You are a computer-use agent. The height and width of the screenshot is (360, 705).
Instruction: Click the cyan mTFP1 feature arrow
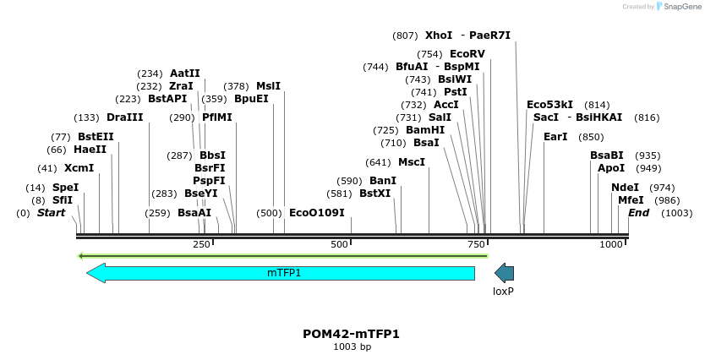click(283, 273)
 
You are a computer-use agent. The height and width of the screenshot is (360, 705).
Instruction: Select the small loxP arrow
click(504, 273)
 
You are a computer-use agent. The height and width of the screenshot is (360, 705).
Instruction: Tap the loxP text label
click(504, 291)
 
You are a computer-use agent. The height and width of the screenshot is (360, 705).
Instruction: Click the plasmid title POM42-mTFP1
click(351, 334)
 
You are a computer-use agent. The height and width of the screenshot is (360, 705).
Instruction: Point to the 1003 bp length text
click(352, 346)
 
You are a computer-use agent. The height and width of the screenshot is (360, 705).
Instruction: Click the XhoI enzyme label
click(439, 35)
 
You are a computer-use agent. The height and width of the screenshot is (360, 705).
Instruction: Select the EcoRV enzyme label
click(467, 54)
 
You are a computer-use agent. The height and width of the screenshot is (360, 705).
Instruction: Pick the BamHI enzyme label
click(425, 130)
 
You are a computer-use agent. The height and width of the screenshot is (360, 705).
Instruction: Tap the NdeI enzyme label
click(625, 188)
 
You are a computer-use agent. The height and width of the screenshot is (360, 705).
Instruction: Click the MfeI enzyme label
click(631, 200)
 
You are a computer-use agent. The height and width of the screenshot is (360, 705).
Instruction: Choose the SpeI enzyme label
click(66, 188)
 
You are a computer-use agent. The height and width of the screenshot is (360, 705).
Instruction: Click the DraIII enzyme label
click(125, 117)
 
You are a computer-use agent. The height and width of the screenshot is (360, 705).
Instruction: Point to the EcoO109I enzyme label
click(317, 213)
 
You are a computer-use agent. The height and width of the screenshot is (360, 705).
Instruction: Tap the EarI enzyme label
click(555, 137)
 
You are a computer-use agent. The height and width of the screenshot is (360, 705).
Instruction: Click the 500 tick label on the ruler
click(339, 244)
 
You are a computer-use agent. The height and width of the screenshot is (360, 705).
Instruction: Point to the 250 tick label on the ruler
click(201, 244)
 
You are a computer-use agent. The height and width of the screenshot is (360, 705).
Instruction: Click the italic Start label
click(51, 213)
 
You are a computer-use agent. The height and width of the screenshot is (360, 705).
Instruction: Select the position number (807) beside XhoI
click(405, 35)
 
